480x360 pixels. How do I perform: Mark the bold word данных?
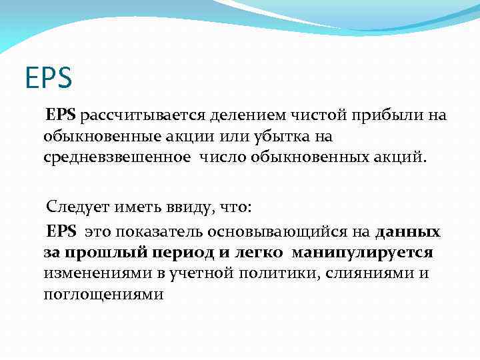408,232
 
